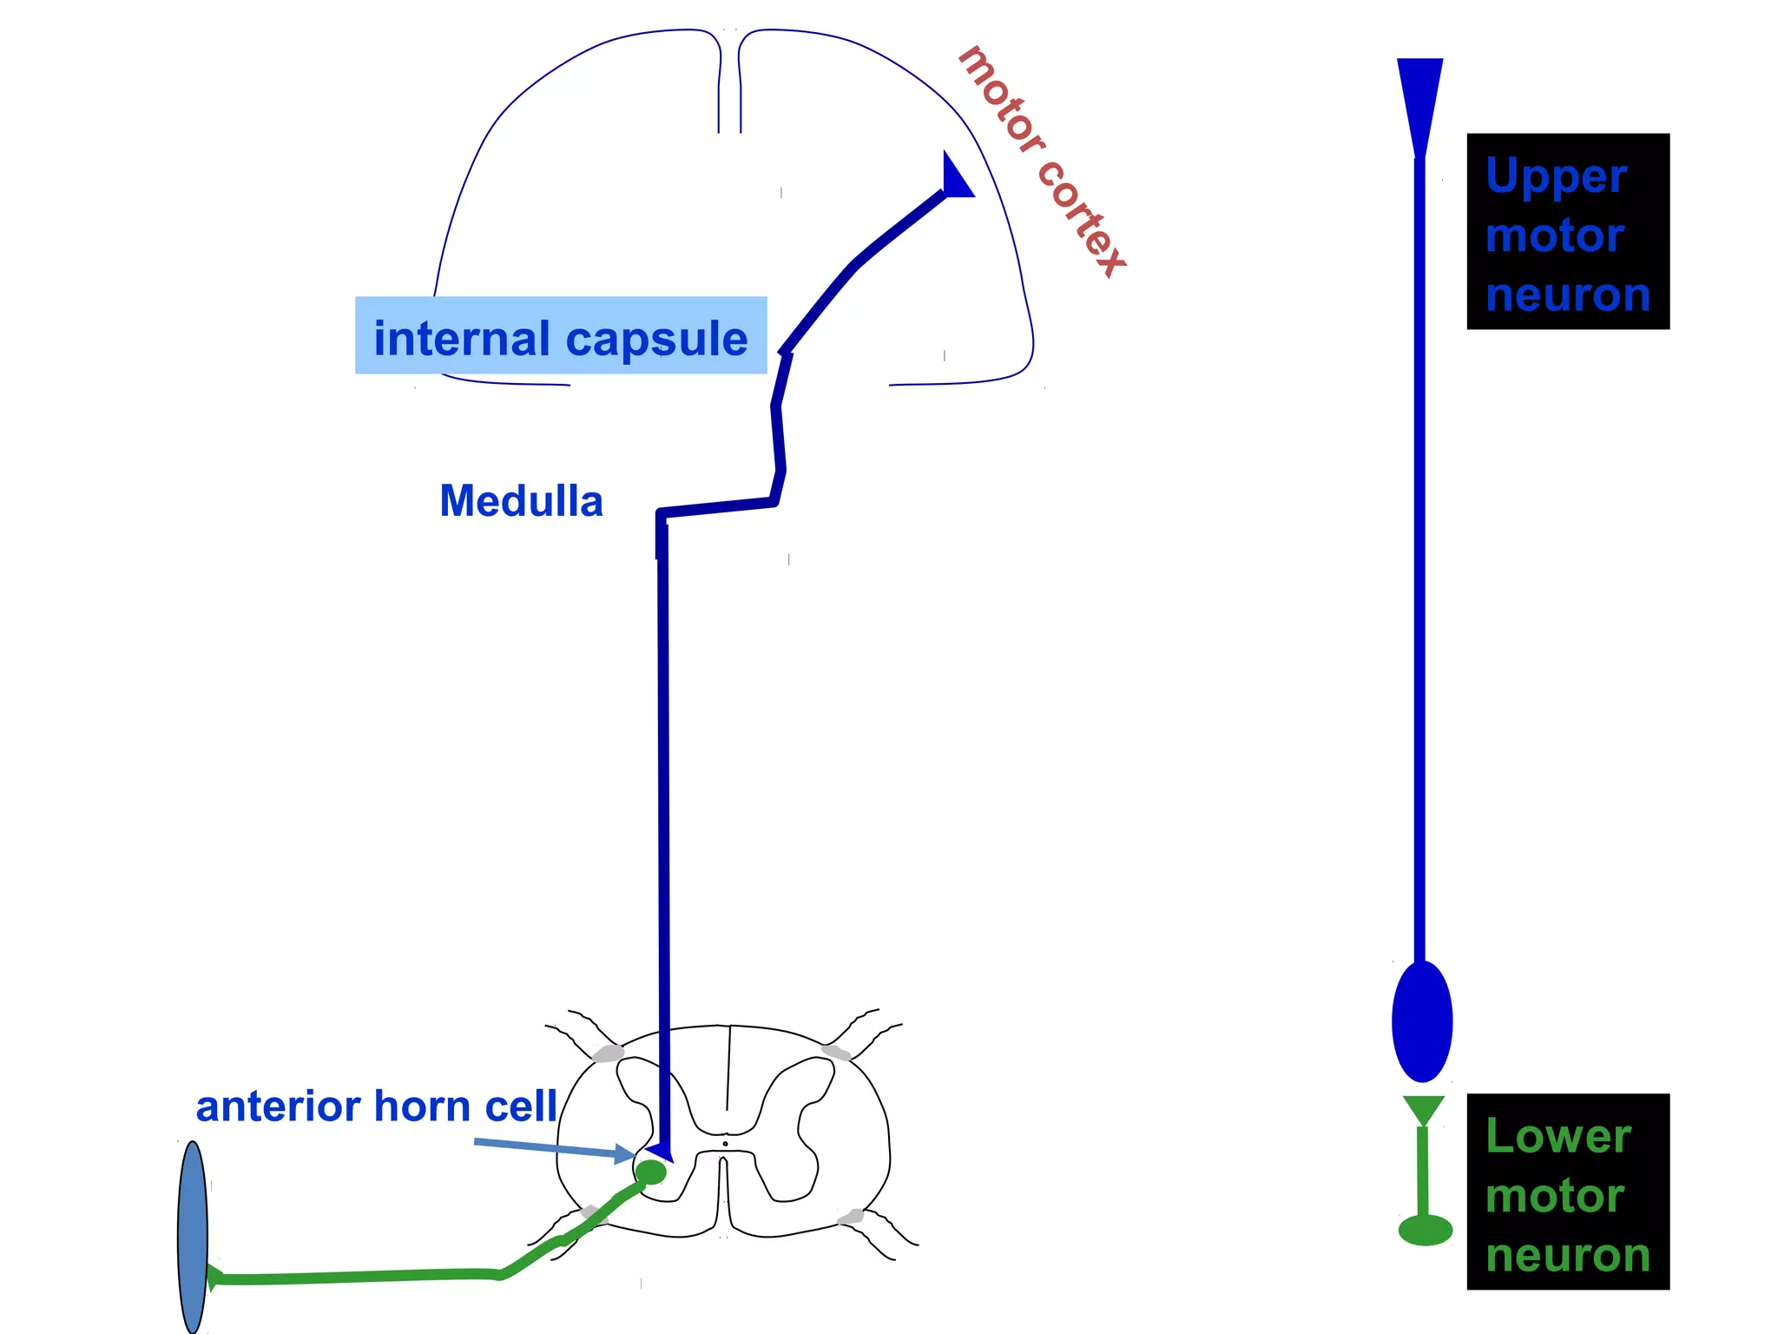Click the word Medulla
pos(521,501)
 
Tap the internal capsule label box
pos(560,336)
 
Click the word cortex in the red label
pos(1081,217)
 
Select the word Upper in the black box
pos(1556,177)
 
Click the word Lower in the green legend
pos(1558,1136)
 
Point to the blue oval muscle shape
pos(193,1237)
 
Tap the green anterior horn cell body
pos(650,1172)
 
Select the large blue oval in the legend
pos(1422,1021)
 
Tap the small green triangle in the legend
pos(1424,1109)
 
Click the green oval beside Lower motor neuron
pos(1426,1230)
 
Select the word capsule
pos(661,339)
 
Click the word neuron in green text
pos(1568,1255)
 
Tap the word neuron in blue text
pos(1568,294)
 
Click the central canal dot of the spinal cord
pos(726,1144)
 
